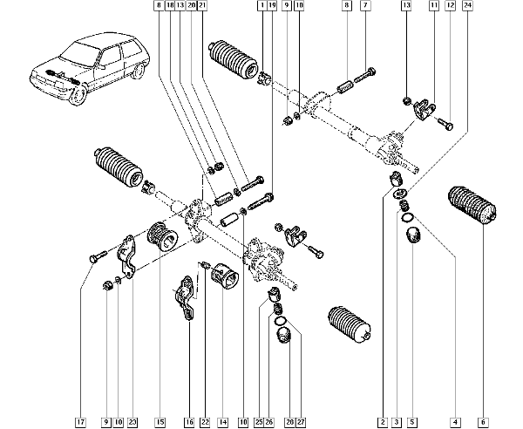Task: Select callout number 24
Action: pyautogui.click(x=468, y=6)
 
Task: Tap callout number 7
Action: pyautogui.click(x=366, y=6)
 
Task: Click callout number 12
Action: pyautogui.click(x=450, y=6)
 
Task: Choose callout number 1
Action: pyautogui.click(x=261, y=6)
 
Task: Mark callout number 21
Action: pyautogui.click(x=202, y=6)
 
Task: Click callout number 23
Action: pyautogui.click(x=132, y=422)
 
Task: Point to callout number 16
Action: pyautogui.click(x=188, y=422)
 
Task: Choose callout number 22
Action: pyautogui.click(x=204, y=422)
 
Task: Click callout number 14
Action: pyautogui.click(x=222, y=422)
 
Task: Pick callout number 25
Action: pyautogui.click(x=259, y=422)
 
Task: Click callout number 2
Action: pyautogui.click(x=382, y=422)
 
